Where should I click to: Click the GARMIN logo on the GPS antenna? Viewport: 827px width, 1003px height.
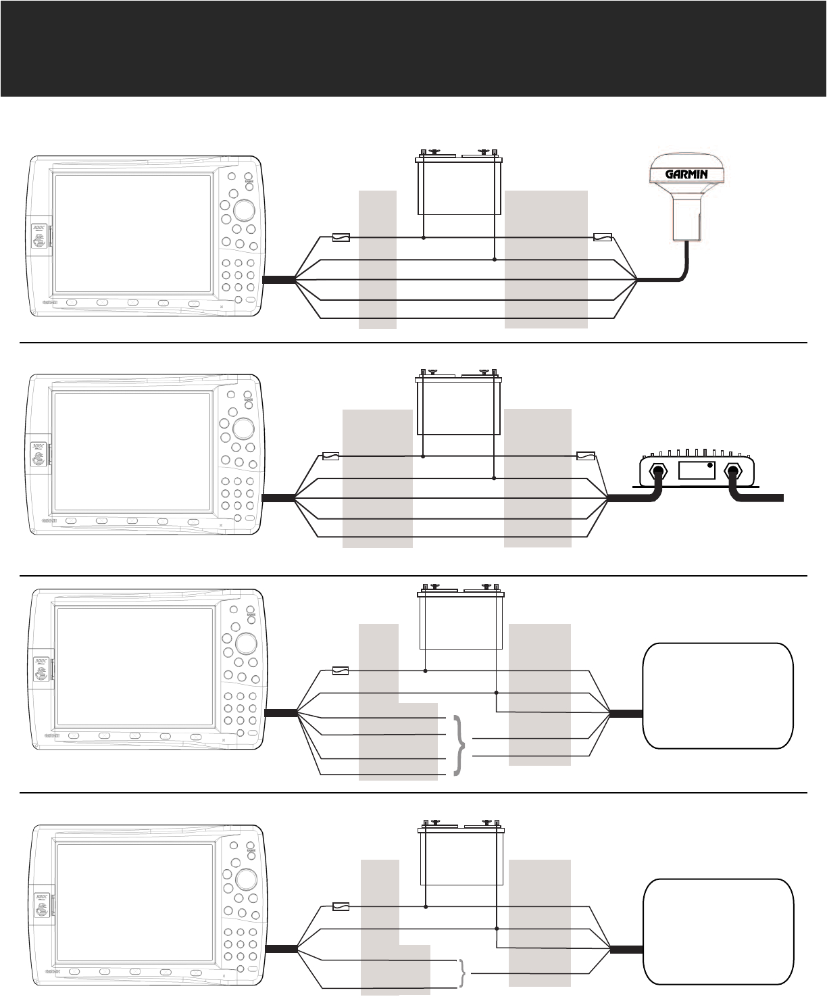click(686, 174)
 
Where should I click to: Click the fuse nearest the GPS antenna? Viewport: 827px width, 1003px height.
click(602, 237)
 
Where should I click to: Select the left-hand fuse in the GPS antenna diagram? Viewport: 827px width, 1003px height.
click(342, 237)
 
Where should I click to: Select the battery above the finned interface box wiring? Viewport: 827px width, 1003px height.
click(459, 406)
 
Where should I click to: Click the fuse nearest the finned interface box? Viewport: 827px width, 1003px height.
click(585, 456)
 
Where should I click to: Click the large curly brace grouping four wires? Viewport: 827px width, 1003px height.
click(461, 745)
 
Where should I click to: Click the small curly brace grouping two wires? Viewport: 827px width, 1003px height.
click(463, 973)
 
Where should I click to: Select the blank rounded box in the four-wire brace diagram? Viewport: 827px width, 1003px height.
click(718, 695)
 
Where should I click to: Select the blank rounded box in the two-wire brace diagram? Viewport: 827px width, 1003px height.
click(718, 931)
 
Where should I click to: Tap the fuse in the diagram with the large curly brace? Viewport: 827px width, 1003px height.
click(341, 671)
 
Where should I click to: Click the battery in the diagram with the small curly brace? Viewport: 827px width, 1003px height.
click(462, 855)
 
